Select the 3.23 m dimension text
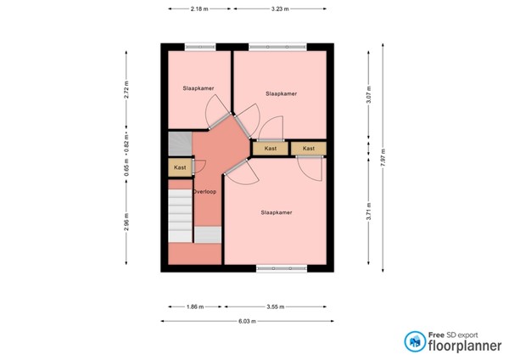pos(280,9)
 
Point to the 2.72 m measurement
pos(126,90)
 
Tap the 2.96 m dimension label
pos(126,224)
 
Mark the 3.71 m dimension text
pos(369,211)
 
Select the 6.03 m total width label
pos(246,321)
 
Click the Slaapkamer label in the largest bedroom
pos(277,212)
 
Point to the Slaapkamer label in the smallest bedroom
pos(198,88)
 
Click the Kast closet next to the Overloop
pos(180,168)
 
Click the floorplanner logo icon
pos(416,341)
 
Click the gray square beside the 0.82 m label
pos(180,142)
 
